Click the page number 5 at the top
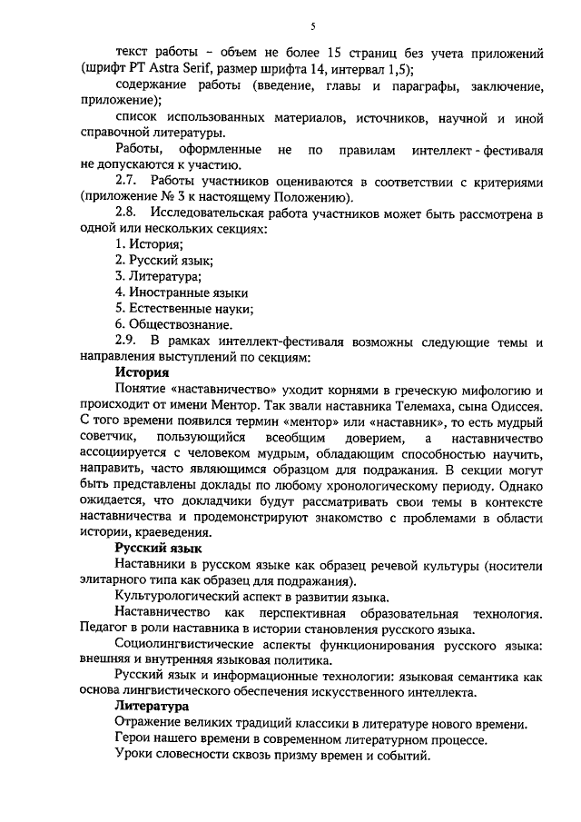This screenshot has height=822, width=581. pos(311,27)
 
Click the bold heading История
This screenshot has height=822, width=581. pos(142,371)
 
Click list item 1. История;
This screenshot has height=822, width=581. pos(149,245)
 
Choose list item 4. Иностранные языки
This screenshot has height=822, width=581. pos(182,292)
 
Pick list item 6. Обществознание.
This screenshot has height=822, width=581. pos(173,324)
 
